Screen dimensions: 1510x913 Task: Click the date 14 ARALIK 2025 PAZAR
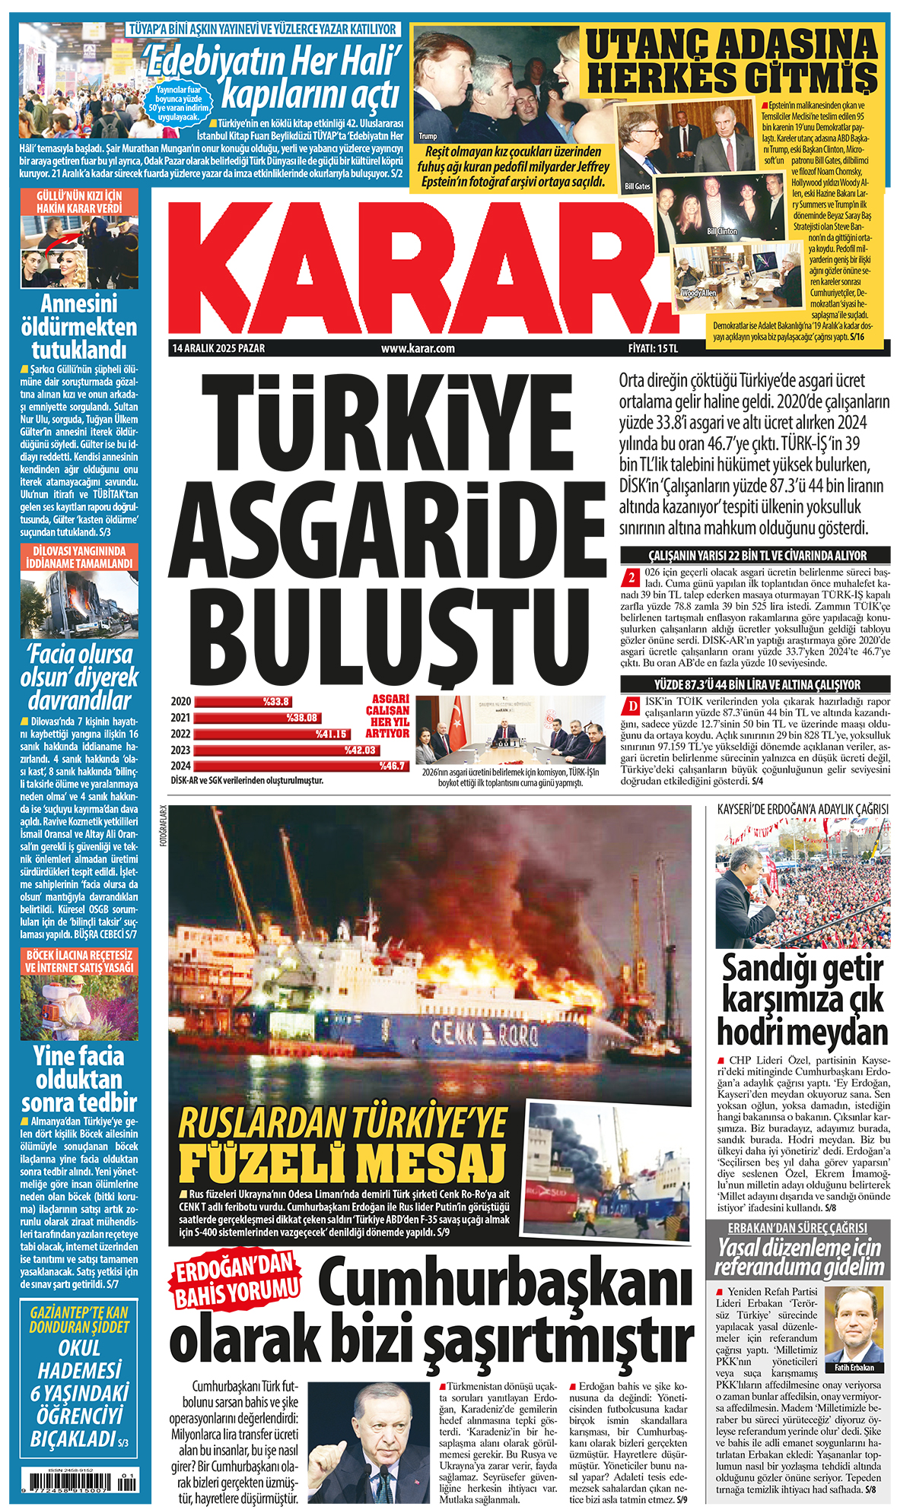(218, 348)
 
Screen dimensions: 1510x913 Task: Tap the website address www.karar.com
(418, 348)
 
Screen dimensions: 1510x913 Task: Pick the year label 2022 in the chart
(180, 734)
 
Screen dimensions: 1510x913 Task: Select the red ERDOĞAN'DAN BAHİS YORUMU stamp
(236, 1280)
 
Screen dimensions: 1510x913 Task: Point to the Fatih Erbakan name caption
(854, 1367)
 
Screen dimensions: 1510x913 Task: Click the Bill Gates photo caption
(637, 186)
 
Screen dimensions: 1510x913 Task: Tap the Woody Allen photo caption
(698, 293)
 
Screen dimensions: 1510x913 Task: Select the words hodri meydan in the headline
(803, 1033)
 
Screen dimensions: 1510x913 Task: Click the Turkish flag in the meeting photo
(456, 722)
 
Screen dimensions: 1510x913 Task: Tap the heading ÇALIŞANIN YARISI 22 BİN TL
(757, 556)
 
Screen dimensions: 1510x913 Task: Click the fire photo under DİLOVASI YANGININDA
(79, 604)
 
